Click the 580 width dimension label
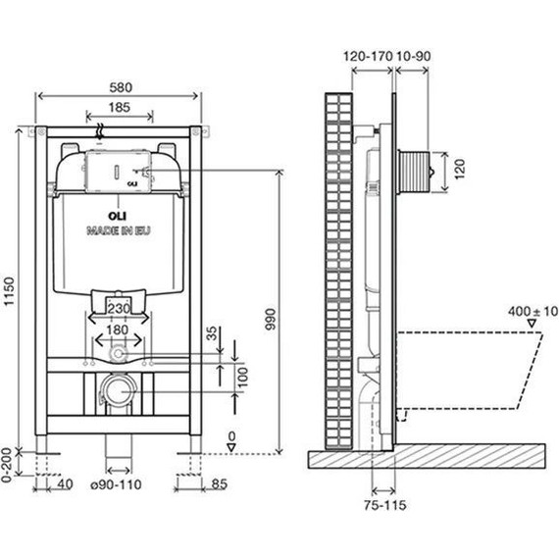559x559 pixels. tap(118, 87)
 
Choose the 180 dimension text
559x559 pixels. tap(118, 330)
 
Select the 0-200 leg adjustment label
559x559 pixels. tap(10, 462)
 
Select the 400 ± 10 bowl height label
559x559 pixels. tap(533, 311)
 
